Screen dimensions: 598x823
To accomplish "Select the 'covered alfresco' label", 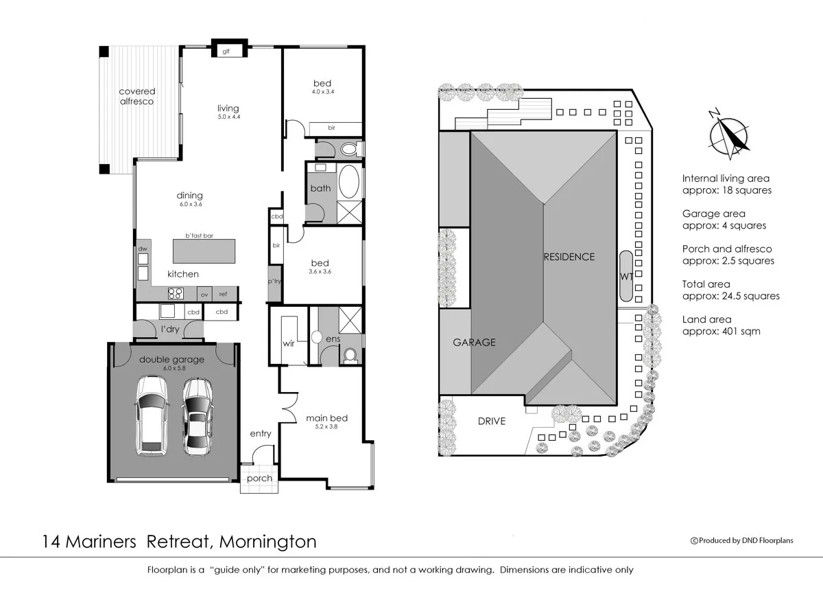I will click(x=137, y=96).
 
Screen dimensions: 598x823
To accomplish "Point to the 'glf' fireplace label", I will click(x=225, y=51).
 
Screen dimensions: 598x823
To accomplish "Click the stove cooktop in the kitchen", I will click(x=175, y=293).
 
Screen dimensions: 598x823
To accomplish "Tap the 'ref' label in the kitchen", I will click(x=223, y=294).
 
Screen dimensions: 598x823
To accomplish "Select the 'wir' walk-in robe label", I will click(x=289, y=343).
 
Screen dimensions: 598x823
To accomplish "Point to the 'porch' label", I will click(x=259, y=479).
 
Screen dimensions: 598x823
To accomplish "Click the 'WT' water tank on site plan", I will click(x=625, y=277).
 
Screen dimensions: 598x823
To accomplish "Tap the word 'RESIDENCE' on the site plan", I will click(x=569, y=257).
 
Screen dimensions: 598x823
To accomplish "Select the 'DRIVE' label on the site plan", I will click(x=492, y=421).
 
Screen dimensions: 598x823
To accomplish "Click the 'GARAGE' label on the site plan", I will click(x=474, y=342).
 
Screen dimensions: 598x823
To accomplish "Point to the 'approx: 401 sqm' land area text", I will click(x=721, y=331).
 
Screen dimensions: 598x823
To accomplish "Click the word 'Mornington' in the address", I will click(x=268, y=542).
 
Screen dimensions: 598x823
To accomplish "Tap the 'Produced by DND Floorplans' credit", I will click(x=744, y=540).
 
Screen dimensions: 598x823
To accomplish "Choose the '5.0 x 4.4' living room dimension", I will click(x=228, y=117).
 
